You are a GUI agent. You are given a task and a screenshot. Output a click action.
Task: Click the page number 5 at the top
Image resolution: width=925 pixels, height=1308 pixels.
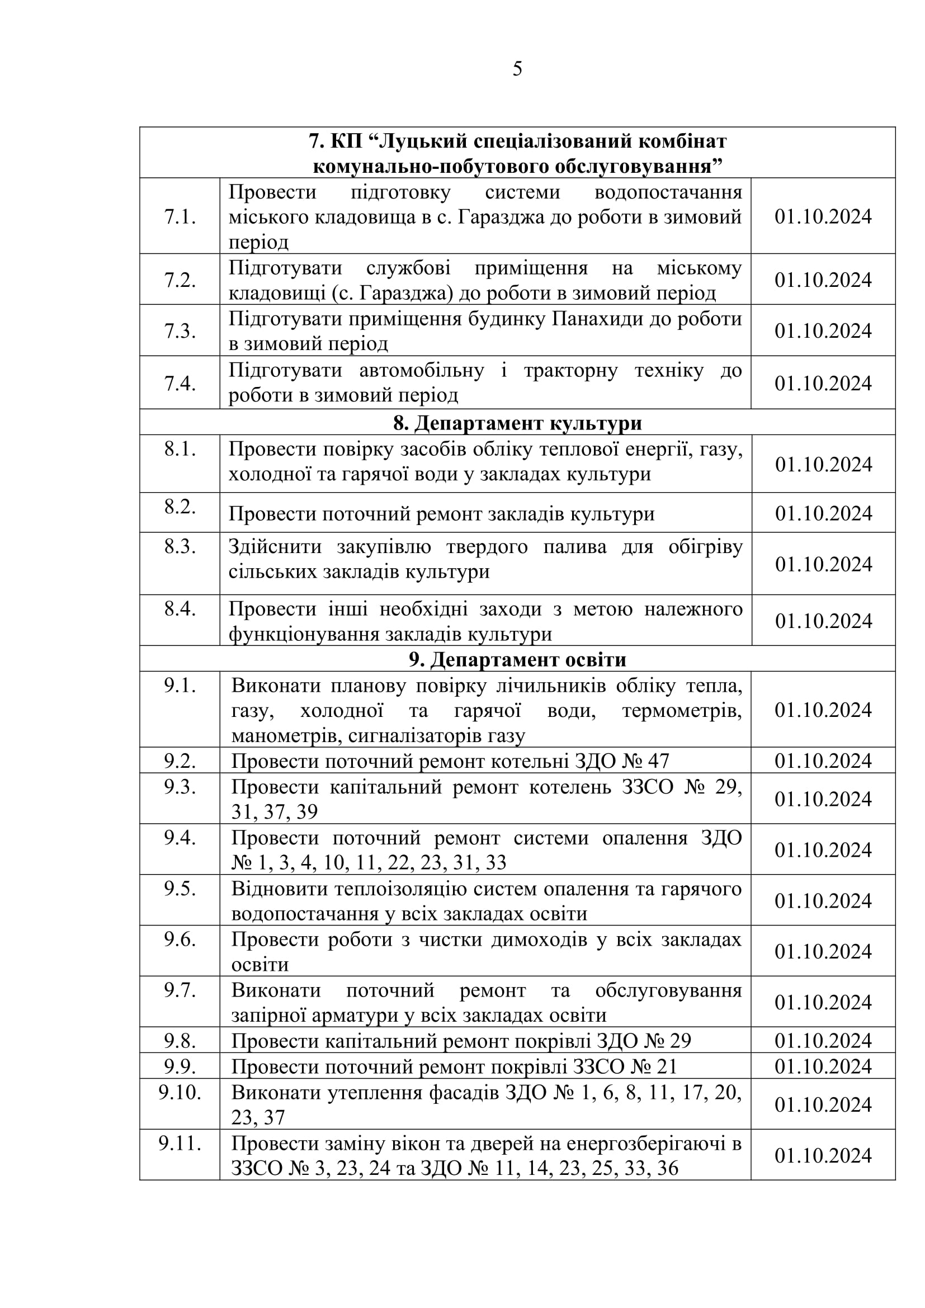click(x=517, y=69)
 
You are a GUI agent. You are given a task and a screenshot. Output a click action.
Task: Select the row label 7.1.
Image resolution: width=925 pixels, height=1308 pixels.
click(x=180, y=217)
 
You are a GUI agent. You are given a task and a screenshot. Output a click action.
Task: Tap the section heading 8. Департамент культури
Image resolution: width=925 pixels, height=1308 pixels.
click(x=517, y=423)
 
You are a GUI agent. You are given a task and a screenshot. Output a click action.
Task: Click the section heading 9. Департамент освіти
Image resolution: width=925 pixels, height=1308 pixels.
click(x=517, y=659)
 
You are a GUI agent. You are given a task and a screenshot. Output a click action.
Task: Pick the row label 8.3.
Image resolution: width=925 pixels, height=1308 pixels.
click(x=180, y=547)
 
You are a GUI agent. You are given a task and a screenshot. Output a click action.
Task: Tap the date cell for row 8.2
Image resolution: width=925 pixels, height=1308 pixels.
click(x=824, y=513)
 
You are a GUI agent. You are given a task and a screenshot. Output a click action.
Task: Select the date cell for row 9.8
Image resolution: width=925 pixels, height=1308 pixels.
click(x=823, y=1041)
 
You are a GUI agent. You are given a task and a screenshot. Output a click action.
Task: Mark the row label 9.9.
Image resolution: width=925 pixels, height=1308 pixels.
click(x=180, y=1066)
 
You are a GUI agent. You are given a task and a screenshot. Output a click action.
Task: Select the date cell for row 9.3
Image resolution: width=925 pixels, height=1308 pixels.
click(x=823, y=799)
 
